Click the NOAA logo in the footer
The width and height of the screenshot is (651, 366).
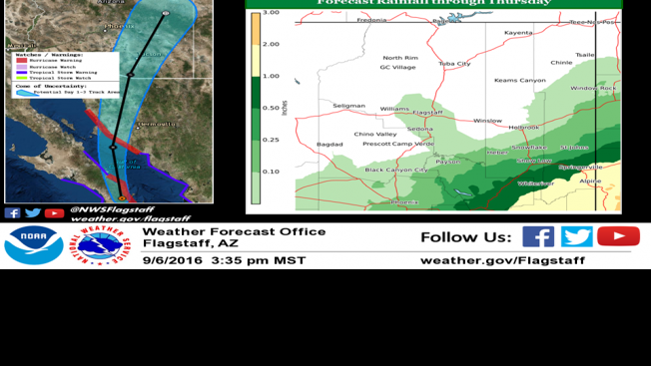click(34, 245)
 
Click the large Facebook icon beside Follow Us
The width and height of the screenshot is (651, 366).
click(538, 236)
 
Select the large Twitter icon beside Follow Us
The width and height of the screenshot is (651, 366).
click(576, 236)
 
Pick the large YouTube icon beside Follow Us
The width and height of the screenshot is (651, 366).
click(618, 236)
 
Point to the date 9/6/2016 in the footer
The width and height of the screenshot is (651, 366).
click(173, 260)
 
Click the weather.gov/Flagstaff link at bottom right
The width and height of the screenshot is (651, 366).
click(502, 260)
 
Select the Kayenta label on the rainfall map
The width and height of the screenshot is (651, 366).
click(518, 33)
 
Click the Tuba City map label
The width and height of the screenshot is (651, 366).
click(454, 64)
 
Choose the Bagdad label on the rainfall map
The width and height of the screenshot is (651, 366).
click(329, 144)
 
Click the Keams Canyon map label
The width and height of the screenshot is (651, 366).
click(520, 80)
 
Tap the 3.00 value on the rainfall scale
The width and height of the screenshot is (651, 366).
click(271, 13)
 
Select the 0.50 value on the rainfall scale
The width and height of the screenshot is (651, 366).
click(271, 108)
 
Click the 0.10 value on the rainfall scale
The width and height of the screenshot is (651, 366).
click(271, 171)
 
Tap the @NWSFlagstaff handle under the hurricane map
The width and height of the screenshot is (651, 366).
click(110, 209)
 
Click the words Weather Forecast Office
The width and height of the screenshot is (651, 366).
click(234, 231)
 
